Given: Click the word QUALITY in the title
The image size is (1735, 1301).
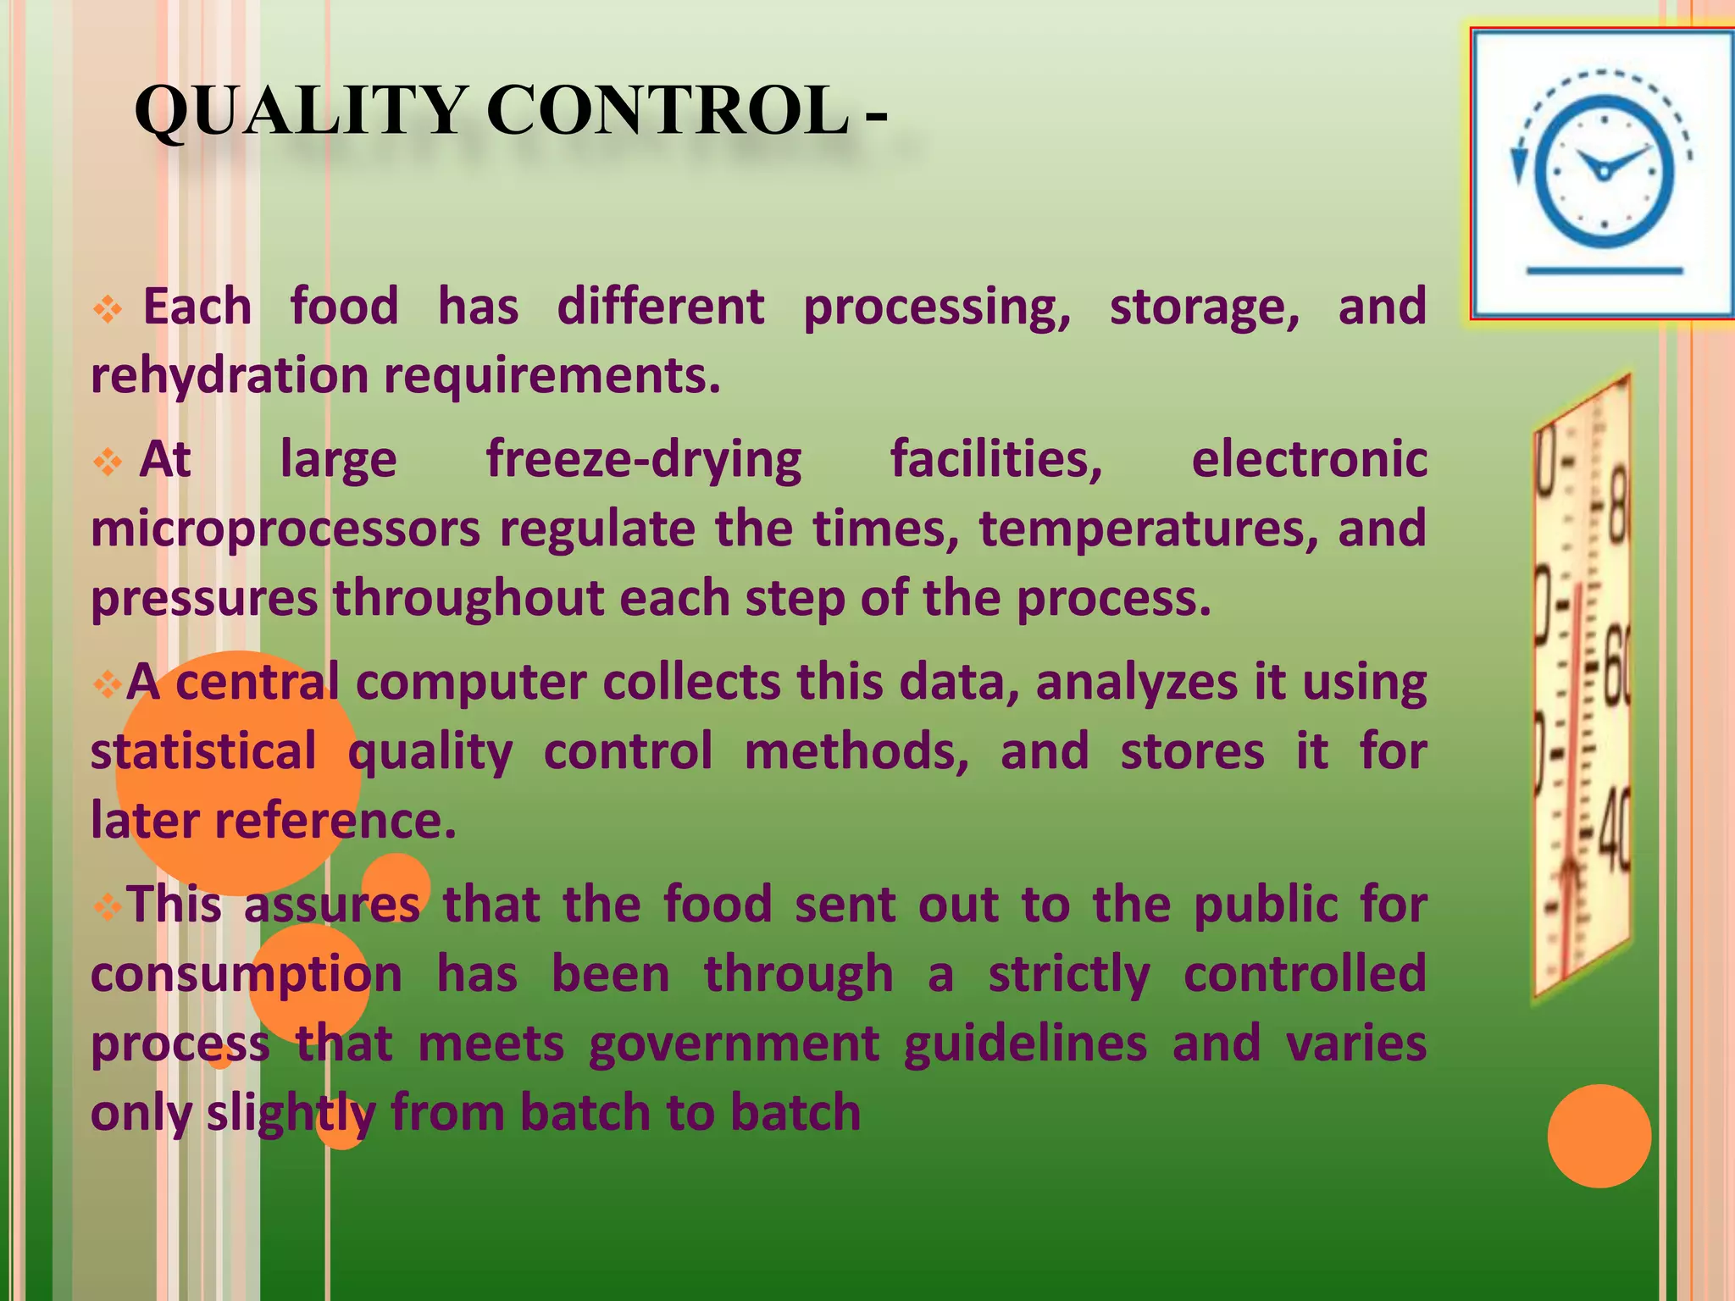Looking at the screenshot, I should (300, 112).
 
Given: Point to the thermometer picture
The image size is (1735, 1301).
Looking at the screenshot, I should (1581, 686).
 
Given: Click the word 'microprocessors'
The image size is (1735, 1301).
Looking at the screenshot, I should (285, 529).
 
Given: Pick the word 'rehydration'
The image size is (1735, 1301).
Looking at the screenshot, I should (229, 375).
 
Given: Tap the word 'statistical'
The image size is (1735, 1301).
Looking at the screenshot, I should (203, 751).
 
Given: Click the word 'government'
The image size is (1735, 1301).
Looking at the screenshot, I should (734, 1044).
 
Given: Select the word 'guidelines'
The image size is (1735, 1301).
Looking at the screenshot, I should (1025, 1044).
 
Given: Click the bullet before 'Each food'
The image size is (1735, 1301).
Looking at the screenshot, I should (108, 310).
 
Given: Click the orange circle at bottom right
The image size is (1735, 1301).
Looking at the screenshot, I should (1599, 1136).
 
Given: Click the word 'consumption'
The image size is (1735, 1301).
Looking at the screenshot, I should (247, 975).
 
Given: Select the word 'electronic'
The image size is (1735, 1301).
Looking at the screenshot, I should (1309, 460).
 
